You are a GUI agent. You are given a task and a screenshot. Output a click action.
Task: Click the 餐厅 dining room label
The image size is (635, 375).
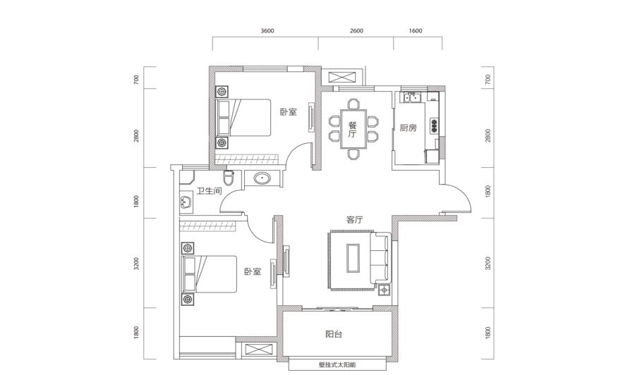(x=352, y=130)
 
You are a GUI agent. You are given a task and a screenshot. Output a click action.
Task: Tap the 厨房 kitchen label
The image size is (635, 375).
(x=408, y=128)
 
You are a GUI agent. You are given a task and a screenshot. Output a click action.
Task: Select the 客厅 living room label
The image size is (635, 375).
(x=354, y=220)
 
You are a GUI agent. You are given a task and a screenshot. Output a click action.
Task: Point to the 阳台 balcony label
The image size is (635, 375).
(x=334, y=334)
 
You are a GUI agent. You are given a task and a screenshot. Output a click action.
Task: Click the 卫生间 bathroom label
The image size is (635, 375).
(x=209, y=191)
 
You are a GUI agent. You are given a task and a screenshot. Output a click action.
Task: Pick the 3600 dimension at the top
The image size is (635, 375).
(x=267, y=31)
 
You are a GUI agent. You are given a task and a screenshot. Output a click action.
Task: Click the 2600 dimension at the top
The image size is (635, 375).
(x=356, y=31)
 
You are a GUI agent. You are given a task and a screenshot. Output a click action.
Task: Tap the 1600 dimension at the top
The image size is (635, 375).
(x=416, y=31)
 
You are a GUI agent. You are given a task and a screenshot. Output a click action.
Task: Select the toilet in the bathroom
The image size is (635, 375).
(x=229, y=178)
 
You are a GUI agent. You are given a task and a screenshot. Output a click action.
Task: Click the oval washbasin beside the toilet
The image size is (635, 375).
(x=262, y=178)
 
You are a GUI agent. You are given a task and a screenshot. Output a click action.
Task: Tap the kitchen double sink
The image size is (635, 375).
(x=411, y=97)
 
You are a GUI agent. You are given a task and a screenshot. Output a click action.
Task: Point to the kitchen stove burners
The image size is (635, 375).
(x=435, y=125)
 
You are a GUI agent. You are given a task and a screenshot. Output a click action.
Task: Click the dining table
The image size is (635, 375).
(x=353, y=129)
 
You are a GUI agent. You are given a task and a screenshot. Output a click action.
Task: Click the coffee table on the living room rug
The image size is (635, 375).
(x=352, y=258)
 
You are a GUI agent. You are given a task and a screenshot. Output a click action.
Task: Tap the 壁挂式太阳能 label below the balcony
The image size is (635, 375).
(x=337, y=364)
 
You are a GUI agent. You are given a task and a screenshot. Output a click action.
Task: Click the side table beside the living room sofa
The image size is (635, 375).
(x=384, y=290)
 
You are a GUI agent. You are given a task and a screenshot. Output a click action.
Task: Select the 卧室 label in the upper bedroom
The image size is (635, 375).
(x=289, y=112)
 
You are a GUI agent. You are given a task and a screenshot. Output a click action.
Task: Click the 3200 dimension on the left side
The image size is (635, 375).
(x=136, y=264)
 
